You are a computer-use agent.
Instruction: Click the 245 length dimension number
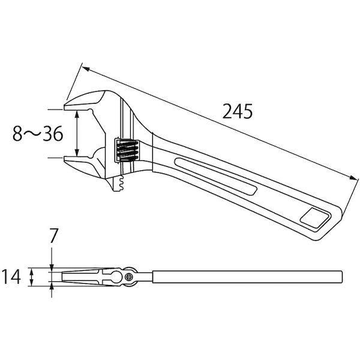238,112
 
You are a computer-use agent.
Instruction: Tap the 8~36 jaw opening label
38,134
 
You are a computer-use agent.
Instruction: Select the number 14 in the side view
11,277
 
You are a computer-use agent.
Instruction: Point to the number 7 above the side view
53,236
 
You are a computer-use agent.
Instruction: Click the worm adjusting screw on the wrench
127,151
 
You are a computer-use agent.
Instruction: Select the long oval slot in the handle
216,176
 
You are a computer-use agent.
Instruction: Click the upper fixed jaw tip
65,107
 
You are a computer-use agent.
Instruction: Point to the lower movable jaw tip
65,158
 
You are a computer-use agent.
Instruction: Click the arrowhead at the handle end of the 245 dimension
354,178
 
